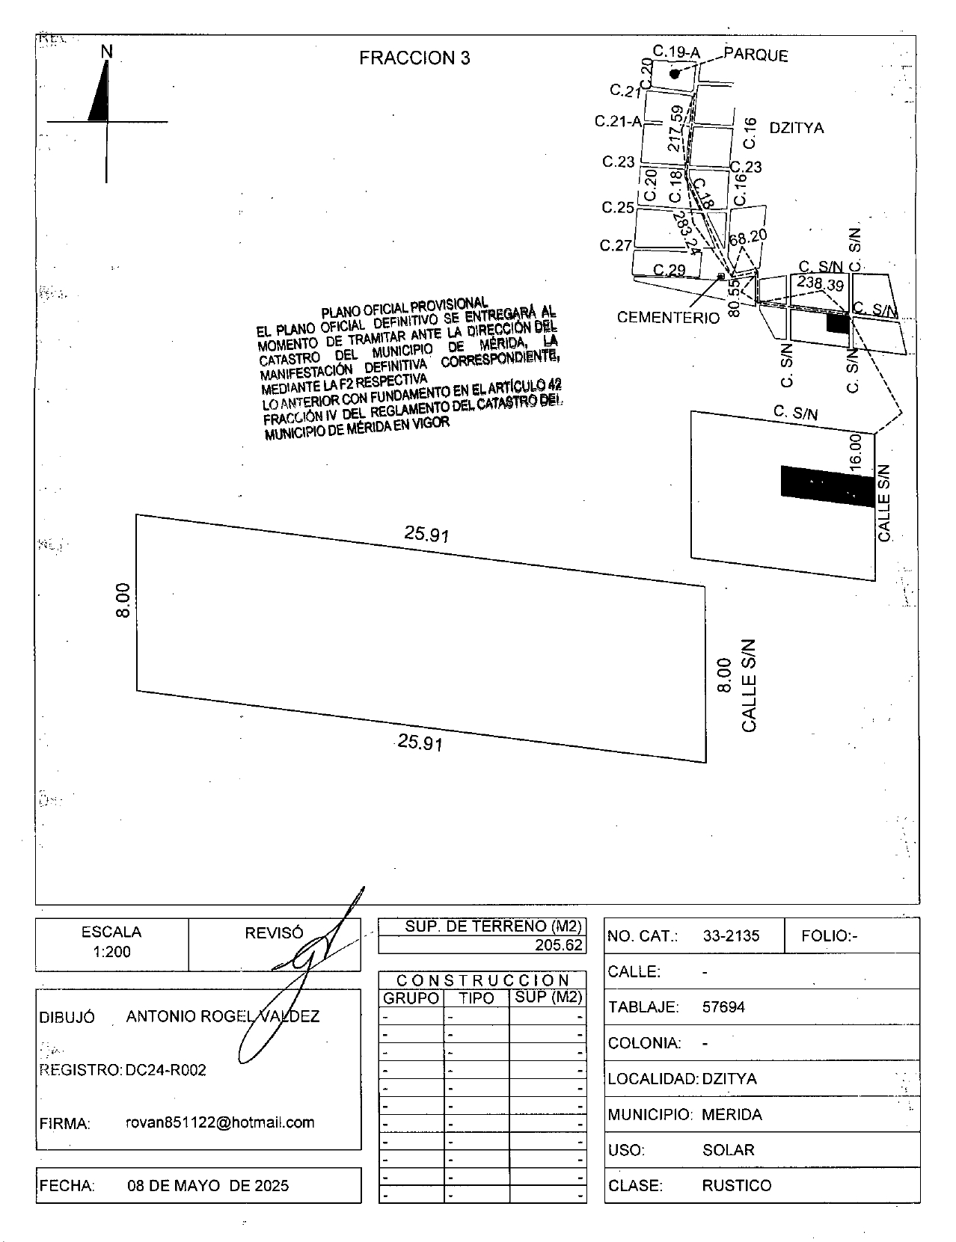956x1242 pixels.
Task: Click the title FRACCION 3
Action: pos(414,58)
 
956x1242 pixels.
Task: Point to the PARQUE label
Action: pos(756,55)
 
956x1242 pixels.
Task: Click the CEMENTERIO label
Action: pos(668,318)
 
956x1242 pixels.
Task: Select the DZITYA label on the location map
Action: pos(797,128)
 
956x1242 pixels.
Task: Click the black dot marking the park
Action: pos(675,74)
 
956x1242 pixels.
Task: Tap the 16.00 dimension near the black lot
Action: pos(855,452)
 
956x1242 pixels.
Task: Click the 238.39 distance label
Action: pos(820,283)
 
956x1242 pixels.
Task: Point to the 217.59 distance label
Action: pos(676,129)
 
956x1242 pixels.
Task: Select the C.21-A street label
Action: pos(618,121)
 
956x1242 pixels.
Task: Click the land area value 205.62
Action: pos(558,945)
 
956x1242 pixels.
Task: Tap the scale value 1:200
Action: pos(112,952)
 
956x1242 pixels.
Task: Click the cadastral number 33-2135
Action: pos(731,935)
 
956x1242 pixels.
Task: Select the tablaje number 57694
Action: pos(723,1006)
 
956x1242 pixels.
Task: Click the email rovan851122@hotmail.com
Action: pos(220,1122)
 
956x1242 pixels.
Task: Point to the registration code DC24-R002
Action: pos(165,1070)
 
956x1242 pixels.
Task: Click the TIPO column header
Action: pos(477,998)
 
